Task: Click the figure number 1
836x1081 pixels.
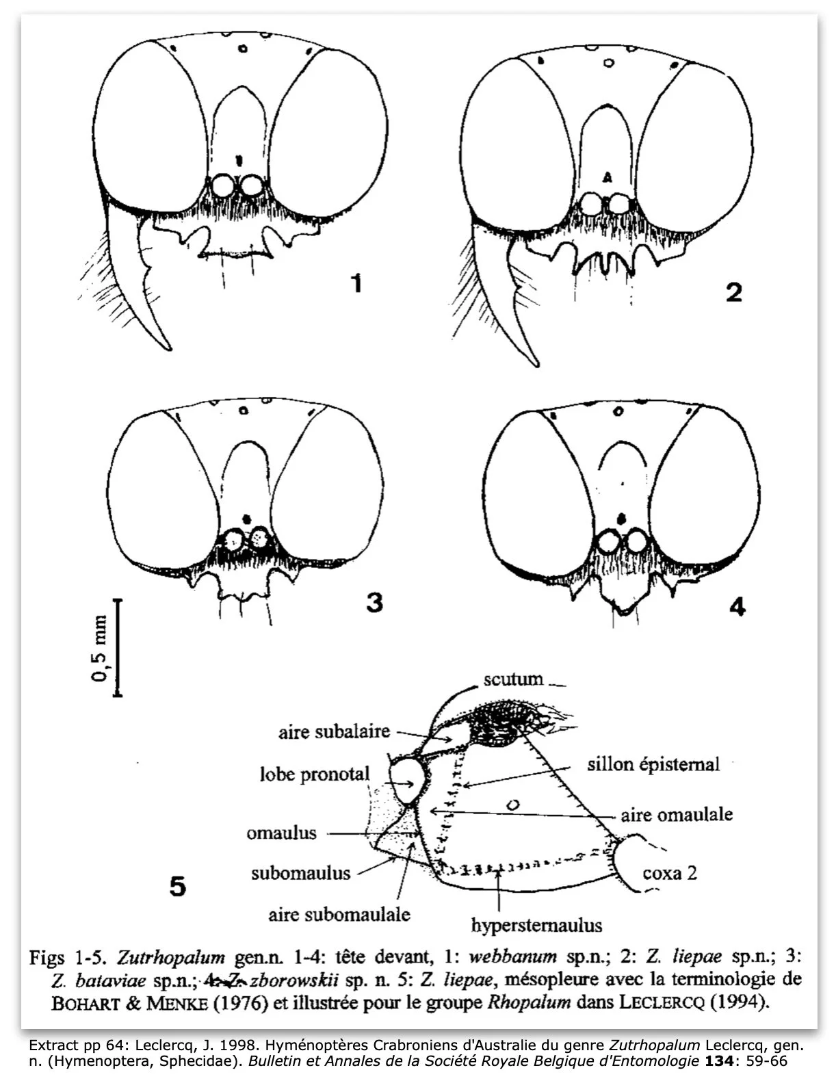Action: tap(355, 283)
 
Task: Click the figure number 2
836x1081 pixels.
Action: tap(733, 293)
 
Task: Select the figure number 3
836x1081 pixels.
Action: tap(374, 603)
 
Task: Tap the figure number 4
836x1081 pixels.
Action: tap(737, 606)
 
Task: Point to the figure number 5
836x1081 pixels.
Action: tap(177, 887)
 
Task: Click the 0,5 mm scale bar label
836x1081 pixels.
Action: tap(100, 648)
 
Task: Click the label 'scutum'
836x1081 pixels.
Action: tap(513, 679)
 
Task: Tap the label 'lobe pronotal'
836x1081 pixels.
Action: tap(314, 774)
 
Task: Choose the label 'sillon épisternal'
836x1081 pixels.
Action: tap(653, 764)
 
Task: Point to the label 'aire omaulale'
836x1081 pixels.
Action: tap(677, 814)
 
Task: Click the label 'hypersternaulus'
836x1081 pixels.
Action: tap(536, 926)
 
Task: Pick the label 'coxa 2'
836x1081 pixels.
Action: tap(670, 873)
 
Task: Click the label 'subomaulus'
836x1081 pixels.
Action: tap(300, 873)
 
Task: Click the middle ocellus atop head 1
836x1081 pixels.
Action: tap(243, 49)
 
